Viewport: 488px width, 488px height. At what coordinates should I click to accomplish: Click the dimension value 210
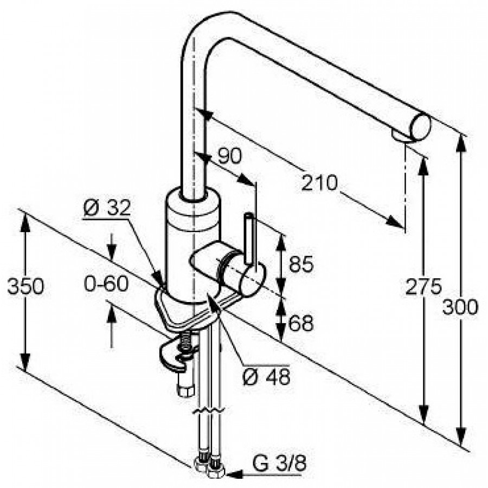coord(319,183)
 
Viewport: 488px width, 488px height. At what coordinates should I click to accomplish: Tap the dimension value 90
coord(229,156)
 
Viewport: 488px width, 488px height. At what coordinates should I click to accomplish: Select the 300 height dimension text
coord(460,306)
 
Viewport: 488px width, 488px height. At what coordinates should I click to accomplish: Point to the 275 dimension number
coord(423,286)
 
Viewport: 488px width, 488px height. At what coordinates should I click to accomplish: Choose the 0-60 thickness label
coord(106,283)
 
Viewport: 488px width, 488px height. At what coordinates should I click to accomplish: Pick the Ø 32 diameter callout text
coord(107,208)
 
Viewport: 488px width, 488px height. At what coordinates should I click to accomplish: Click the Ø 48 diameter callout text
coord(266,377)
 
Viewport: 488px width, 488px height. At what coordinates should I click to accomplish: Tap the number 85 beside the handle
coord(301,264)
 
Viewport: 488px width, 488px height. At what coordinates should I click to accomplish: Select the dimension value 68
coord(301,323)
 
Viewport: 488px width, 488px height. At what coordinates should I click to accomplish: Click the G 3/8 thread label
coord(279,463)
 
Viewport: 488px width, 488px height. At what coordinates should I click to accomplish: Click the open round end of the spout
coord(421,127)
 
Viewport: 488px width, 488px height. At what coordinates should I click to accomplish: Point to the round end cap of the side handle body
coord(253,279)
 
